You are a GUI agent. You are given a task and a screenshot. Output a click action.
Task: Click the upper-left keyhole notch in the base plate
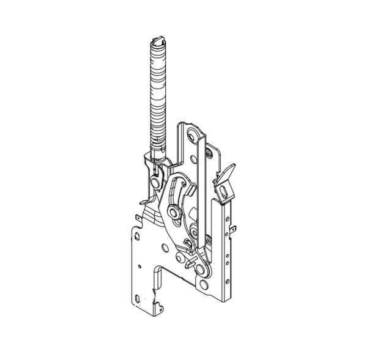pos(136,233)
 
